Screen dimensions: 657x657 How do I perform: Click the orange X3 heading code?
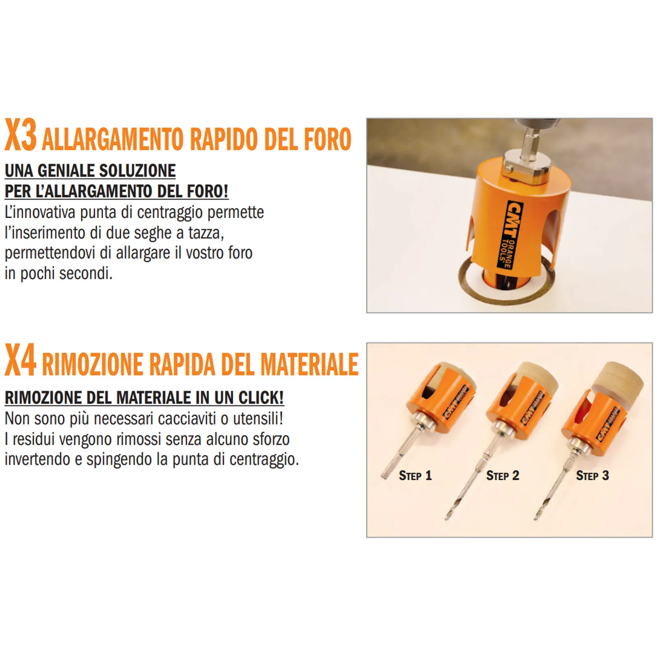[21, 135]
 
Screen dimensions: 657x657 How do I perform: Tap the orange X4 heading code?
[21, 360]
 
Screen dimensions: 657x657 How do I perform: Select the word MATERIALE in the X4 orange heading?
[310, 364]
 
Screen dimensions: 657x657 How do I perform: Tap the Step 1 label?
[415, 476]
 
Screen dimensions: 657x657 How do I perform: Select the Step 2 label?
[503, 476]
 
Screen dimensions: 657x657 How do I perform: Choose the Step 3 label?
[592, 476]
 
